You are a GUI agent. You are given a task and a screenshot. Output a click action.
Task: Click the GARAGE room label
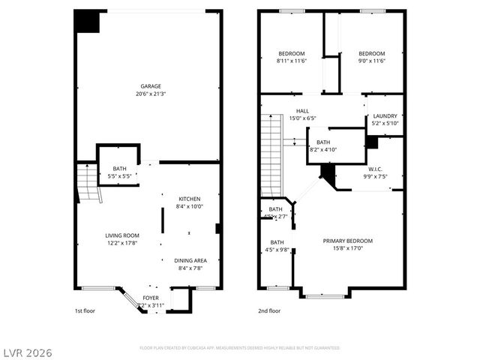150,86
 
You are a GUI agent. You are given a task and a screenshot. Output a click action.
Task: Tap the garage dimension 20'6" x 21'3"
150,94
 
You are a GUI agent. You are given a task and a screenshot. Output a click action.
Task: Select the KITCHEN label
190,199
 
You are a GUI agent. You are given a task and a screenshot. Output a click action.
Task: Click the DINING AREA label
190,260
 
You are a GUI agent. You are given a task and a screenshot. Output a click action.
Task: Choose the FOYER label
151,298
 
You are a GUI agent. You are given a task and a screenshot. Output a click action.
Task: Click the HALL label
302,111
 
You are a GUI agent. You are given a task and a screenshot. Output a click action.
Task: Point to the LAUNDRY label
385,116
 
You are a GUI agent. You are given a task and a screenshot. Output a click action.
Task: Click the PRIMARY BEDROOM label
347,241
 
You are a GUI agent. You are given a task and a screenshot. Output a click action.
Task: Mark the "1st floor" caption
85,311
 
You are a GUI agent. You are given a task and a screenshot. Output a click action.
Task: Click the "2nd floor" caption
269,311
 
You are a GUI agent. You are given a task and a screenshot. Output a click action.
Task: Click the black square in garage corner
88,21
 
